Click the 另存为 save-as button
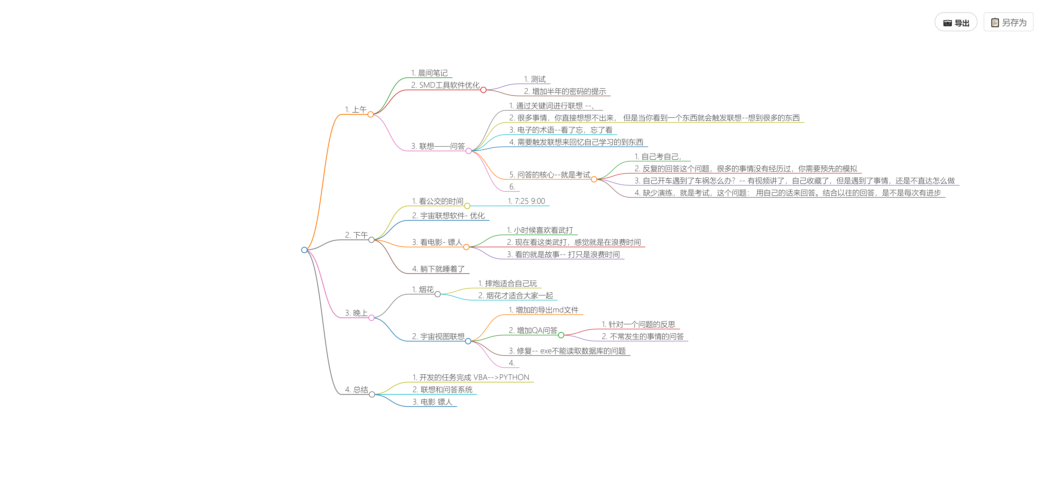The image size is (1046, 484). coord(1008,22)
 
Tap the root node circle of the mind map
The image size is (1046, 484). coord(304,250)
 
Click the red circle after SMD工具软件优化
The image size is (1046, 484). coord(483,90)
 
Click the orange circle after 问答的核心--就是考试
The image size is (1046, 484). coord(594,179)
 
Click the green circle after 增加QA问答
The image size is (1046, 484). coord(561,335)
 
